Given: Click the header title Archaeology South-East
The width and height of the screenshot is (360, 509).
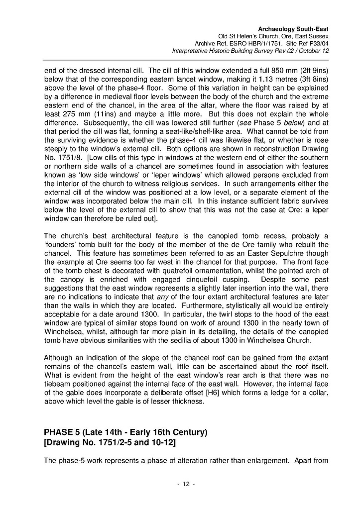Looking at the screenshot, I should click(296, 29).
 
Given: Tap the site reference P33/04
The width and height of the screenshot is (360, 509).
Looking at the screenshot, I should click(318, 43).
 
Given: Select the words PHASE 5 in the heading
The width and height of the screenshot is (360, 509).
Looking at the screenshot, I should click(64, 432).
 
